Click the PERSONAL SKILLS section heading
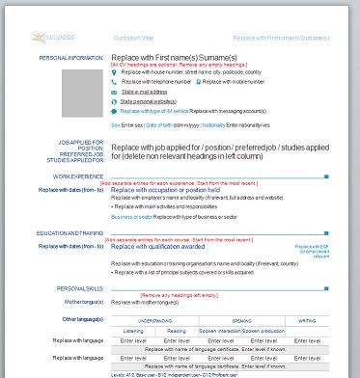click(80, 289)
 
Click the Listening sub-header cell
click(134, 330)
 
